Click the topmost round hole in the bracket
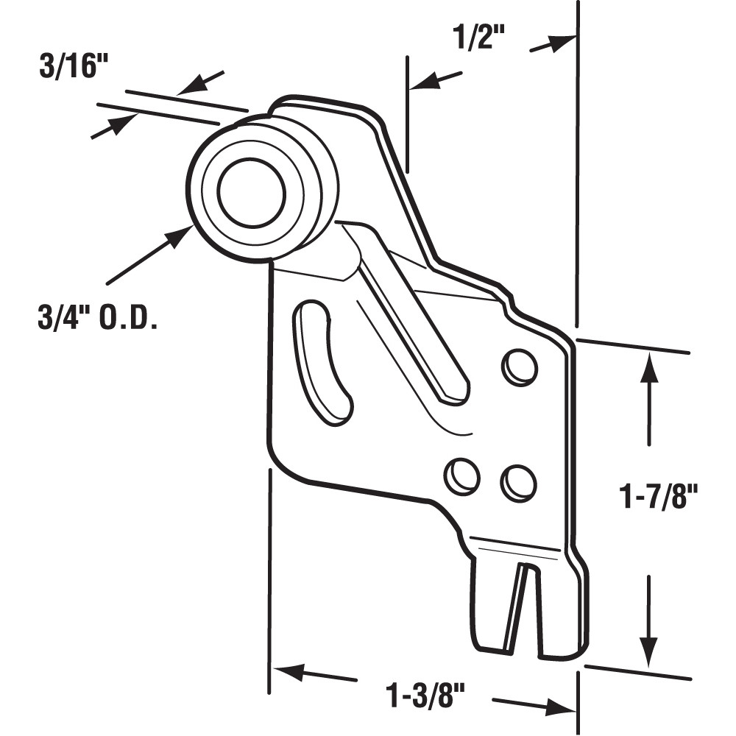pos(520,366)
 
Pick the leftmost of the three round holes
pos(462,475)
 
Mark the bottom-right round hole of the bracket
pos(518,484)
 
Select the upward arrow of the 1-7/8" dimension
pos(648,368)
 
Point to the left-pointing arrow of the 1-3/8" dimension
pos(287,671)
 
